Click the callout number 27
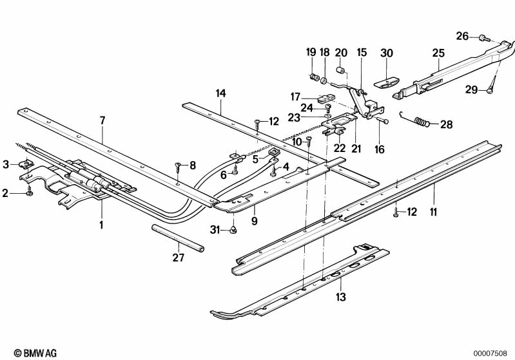click(178, 258)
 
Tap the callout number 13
click(341, 297)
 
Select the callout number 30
click(387, 53)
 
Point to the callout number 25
click(438, 53)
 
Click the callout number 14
click(221, 93)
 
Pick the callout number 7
click(102, 120)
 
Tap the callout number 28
click(447, 124)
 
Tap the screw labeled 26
click(483, 38)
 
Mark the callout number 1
click(101, 225)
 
